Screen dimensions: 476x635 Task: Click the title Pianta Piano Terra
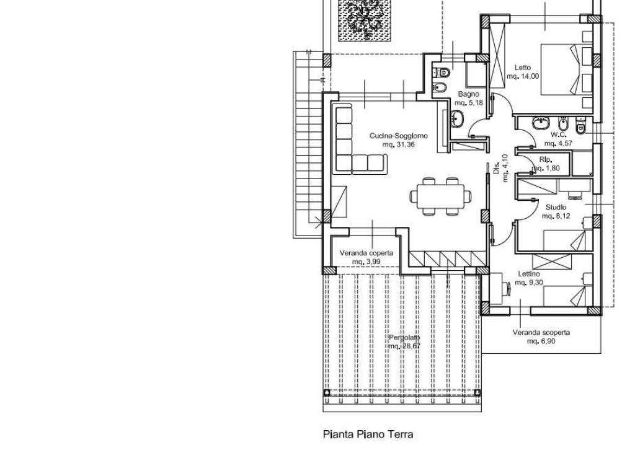368,434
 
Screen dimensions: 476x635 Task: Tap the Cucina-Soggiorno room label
398,136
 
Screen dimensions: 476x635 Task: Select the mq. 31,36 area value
398,144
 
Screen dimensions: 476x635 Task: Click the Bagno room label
468,94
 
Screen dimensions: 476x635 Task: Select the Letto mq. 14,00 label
523,72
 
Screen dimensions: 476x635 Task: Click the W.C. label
557,134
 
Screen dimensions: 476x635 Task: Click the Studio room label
556,207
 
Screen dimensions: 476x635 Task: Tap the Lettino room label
528,274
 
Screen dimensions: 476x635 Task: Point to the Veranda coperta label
366,253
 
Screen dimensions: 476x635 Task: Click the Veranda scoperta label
541,332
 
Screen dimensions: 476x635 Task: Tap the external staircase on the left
308,146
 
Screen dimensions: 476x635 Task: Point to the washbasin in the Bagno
458,118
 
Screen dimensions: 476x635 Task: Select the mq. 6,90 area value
541,341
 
